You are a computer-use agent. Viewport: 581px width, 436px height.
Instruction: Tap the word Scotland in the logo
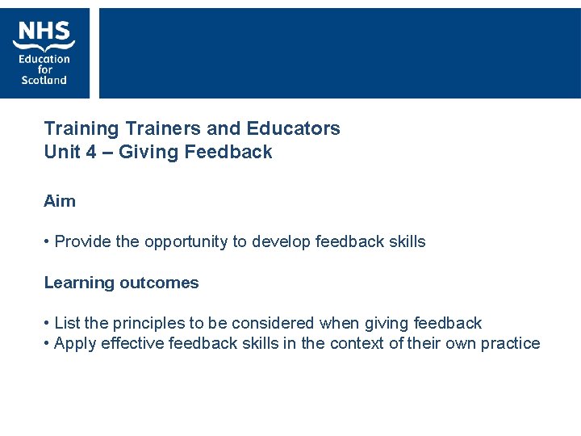(x=44, y=80)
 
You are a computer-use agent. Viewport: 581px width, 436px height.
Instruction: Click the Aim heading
(x=60, y=201)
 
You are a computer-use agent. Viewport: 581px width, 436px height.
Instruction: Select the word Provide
(x=83, y=241)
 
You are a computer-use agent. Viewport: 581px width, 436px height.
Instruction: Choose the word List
(x=67, y=323)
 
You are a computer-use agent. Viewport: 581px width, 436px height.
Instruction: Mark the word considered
(x=273, y=323)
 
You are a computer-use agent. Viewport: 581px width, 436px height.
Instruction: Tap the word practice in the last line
(x=511, y=344)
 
